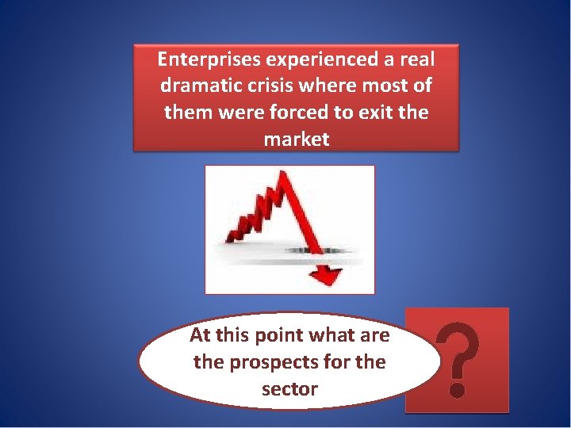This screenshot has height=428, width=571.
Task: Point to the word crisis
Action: click(280, 86)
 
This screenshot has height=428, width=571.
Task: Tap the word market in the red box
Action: click(296, 139)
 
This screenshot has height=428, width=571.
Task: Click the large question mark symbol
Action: click(457, 357)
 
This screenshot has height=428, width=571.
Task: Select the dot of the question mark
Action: click(456, 389)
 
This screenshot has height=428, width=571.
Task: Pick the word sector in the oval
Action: click(289, 389)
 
